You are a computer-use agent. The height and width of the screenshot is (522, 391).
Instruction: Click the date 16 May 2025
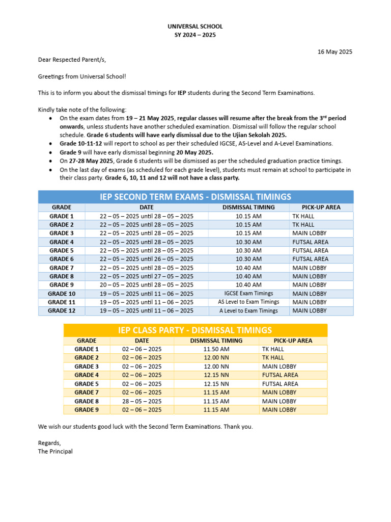tap(334, 51)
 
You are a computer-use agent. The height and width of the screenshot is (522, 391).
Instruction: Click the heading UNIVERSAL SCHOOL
tap(195, 26)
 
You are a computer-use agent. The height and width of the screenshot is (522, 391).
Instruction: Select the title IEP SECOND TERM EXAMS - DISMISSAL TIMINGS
tap(195, 197)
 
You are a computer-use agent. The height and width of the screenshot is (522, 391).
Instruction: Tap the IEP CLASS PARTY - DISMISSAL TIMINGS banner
tap(195, 330)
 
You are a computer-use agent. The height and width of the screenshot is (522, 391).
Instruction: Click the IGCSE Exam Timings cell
tap(248, 294)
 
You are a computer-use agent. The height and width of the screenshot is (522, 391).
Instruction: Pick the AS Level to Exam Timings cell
tap(248, 302)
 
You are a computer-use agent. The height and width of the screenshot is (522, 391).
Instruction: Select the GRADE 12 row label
tap(62, 310)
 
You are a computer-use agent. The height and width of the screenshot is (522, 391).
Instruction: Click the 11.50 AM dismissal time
tap(216, 349)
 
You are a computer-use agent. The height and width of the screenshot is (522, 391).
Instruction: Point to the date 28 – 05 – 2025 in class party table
tap(142, 401)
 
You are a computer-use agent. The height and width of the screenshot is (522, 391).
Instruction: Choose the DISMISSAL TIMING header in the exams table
tap(248, 207)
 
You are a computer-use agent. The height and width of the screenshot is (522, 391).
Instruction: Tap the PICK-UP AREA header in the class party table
tap(293, 341)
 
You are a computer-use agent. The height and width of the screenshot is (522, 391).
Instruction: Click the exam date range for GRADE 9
tap(147, 285)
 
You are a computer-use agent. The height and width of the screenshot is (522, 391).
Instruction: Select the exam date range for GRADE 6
tap(147, 259)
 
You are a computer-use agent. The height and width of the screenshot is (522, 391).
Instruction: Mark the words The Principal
tap(55, 451)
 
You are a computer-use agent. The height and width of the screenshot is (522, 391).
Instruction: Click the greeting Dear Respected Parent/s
tap(72, 60)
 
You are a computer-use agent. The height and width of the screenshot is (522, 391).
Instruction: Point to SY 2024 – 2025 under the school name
tap(195, 35)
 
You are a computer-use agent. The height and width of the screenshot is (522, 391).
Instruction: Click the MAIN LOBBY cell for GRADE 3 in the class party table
tap(280, 367)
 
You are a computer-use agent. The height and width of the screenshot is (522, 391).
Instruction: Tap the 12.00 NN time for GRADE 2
tap(216, 358)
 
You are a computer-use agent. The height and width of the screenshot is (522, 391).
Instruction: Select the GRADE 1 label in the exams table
tap(62, 216)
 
